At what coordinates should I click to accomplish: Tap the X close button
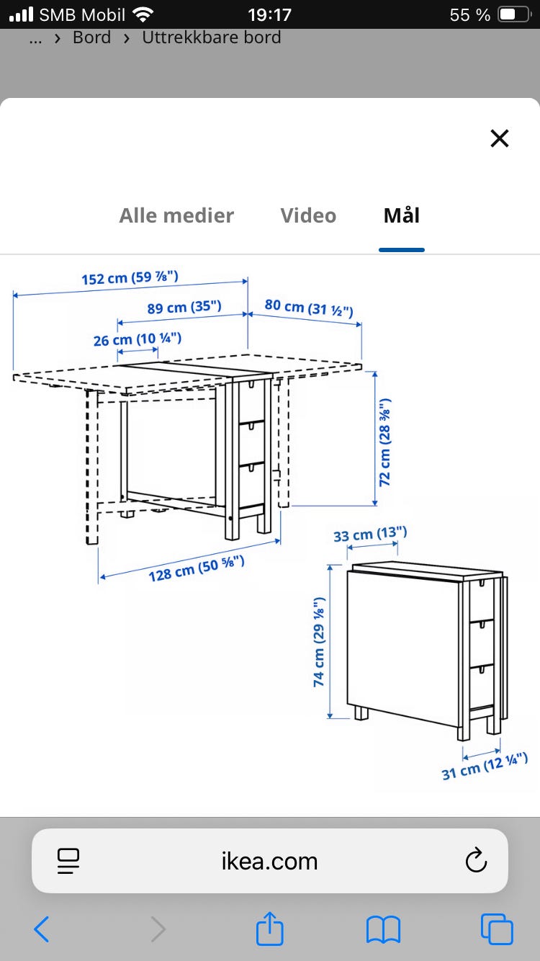(499, 138)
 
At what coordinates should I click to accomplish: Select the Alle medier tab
(176, 215)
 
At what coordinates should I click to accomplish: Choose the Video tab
(308, 215)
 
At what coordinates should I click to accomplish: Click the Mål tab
(402, 215)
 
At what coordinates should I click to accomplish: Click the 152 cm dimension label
(130, 277)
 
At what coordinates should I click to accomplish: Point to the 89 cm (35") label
(184, 307)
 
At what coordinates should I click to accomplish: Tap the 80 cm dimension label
(309, 307)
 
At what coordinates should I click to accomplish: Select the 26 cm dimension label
(138, 339)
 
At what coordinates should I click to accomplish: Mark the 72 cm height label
(384, 442)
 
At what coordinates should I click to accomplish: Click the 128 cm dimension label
(197, 568)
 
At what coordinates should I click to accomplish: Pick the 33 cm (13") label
(370, 534)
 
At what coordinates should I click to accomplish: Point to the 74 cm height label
(319, 642)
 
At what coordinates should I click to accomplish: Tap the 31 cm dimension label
(485, 766)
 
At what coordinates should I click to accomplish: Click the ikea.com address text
(269, 861)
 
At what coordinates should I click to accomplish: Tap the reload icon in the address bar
(476, 860)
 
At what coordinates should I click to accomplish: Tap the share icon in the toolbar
(270, 929)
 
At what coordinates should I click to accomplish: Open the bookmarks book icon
(384, 930)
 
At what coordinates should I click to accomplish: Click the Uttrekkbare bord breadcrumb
(212, 37)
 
